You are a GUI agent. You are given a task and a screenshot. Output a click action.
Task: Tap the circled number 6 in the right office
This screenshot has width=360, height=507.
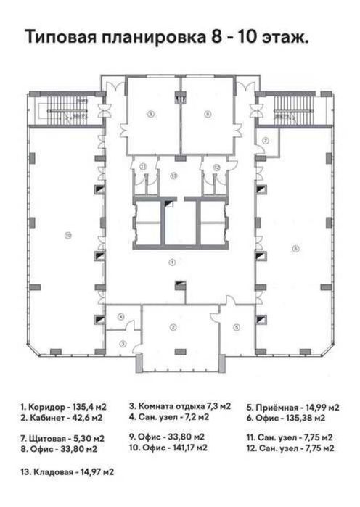[x=295, y=249]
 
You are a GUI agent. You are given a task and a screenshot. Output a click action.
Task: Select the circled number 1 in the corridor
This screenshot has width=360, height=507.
[x=173, y=260]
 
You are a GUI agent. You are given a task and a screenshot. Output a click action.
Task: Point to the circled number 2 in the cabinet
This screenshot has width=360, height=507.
[x=173, y=328]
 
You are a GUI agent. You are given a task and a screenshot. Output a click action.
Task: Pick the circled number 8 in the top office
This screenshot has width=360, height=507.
[x=208, y=113]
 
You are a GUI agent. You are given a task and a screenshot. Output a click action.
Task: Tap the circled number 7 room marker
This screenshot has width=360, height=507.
[x=266, y=140]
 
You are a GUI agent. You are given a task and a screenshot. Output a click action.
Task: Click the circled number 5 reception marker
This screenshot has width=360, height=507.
[x=237, y=327]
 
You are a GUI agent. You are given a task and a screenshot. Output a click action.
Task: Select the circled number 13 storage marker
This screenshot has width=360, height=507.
[x=173, y=176]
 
